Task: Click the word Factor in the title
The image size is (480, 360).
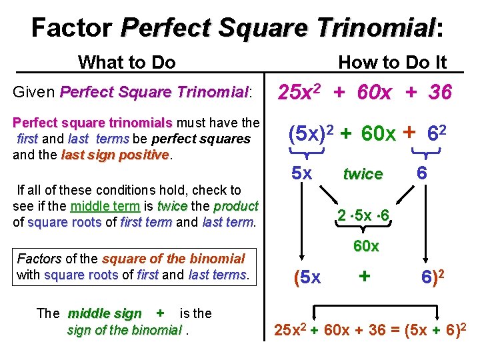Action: pos(72,28)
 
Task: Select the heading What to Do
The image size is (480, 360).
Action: pos(127,63)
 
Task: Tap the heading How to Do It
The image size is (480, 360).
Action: pos(392,63)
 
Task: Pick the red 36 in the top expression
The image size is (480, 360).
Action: pos(440,92)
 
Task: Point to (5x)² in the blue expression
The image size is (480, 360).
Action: pos(310,134)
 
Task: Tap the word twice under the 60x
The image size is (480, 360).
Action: pos(363,175)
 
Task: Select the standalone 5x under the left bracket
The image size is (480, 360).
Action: pos(303,173)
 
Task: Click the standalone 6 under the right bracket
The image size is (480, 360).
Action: pos(422,173)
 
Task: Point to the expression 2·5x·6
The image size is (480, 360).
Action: pos(363,217)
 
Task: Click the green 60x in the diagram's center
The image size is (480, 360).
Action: pos(366,246)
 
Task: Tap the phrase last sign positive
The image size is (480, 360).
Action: pos(115,155)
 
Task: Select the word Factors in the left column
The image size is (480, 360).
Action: pos(39,259)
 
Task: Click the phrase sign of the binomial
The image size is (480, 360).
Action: pos(124,330)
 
